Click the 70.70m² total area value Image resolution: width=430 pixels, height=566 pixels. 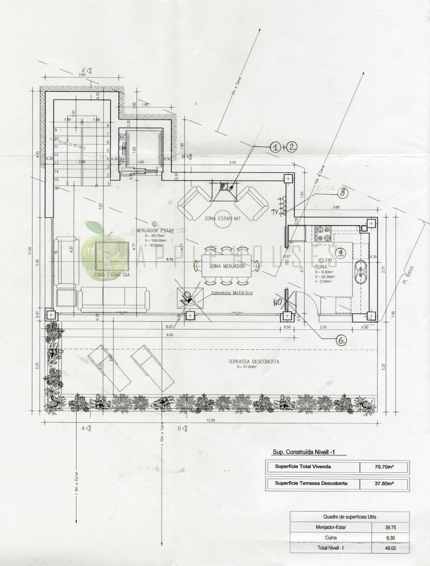(x=384, y=467)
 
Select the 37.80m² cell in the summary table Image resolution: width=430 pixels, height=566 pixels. (x=384, y=483)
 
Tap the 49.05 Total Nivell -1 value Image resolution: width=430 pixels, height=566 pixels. (x=389, y=548)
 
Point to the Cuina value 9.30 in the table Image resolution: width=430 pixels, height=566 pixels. (x=389, y=538)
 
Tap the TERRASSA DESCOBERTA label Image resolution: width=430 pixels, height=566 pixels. (x=254, y=362)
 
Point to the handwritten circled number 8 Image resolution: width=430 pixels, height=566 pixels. (x=343, y=192)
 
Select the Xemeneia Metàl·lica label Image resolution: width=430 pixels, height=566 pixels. (x=232, y=293)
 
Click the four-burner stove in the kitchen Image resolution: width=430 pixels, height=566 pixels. (x=322, y=231)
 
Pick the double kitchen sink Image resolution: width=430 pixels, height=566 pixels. (x=361, y=267)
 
